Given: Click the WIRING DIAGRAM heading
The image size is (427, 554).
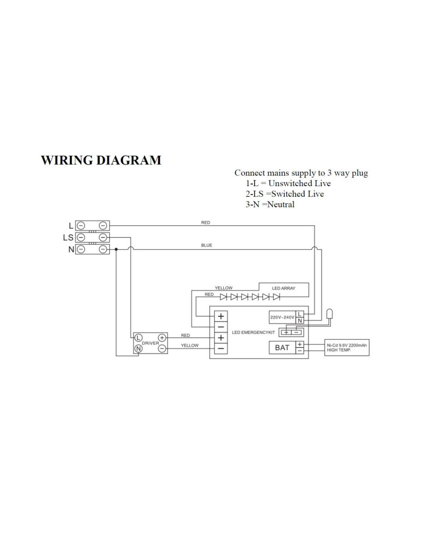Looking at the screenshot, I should [x=101, y=161].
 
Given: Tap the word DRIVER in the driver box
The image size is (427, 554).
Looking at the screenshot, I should [x=150, y=343].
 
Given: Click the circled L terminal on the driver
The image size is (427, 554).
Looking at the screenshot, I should [x=138, y=337].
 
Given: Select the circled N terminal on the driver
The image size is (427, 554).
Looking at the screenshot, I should [x=138, y=348].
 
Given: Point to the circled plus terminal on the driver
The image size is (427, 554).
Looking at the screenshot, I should [x=162, y=337].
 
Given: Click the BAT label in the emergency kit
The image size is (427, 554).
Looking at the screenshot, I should [x=282, y=347].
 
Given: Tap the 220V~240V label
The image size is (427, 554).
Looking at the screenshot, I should [x=282, y=317].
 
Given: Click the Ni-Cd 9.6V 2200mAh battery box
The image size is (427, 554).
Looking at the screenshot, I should [x=347, y=347].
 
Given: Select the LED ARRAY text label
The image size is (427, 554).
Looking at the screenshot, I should [x=284, y=289].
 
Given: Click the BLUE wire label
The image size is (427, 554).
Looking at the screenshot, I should [x=207, y=245].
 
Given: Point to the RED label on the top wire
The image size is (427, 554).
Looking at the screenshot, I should [x=205, y=222].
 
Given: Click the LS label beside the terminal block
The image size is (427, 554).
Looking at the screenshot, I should [x=68, y=238].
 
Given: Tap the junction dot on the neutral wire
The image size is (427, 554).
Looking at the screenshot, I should [x=116, y=250].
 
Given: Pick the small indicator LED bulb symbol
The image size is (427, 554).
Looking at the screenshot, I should [x=330, y=314].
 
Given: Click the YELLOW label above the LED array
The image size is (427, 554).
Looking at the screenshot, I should [x=224, y=289].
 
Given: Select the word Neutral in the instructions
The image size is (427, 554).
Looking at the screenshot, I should [x=281, y=204].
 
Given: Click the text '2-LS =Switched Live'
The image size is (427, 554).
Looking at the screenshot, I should [x=285, y=194].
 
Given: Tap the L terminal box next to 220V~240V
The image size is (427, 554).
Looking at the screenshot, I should [x=300, y=314].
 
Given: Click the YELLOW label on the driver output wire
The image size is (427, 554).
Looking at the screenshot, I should [x=189, y=345].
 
